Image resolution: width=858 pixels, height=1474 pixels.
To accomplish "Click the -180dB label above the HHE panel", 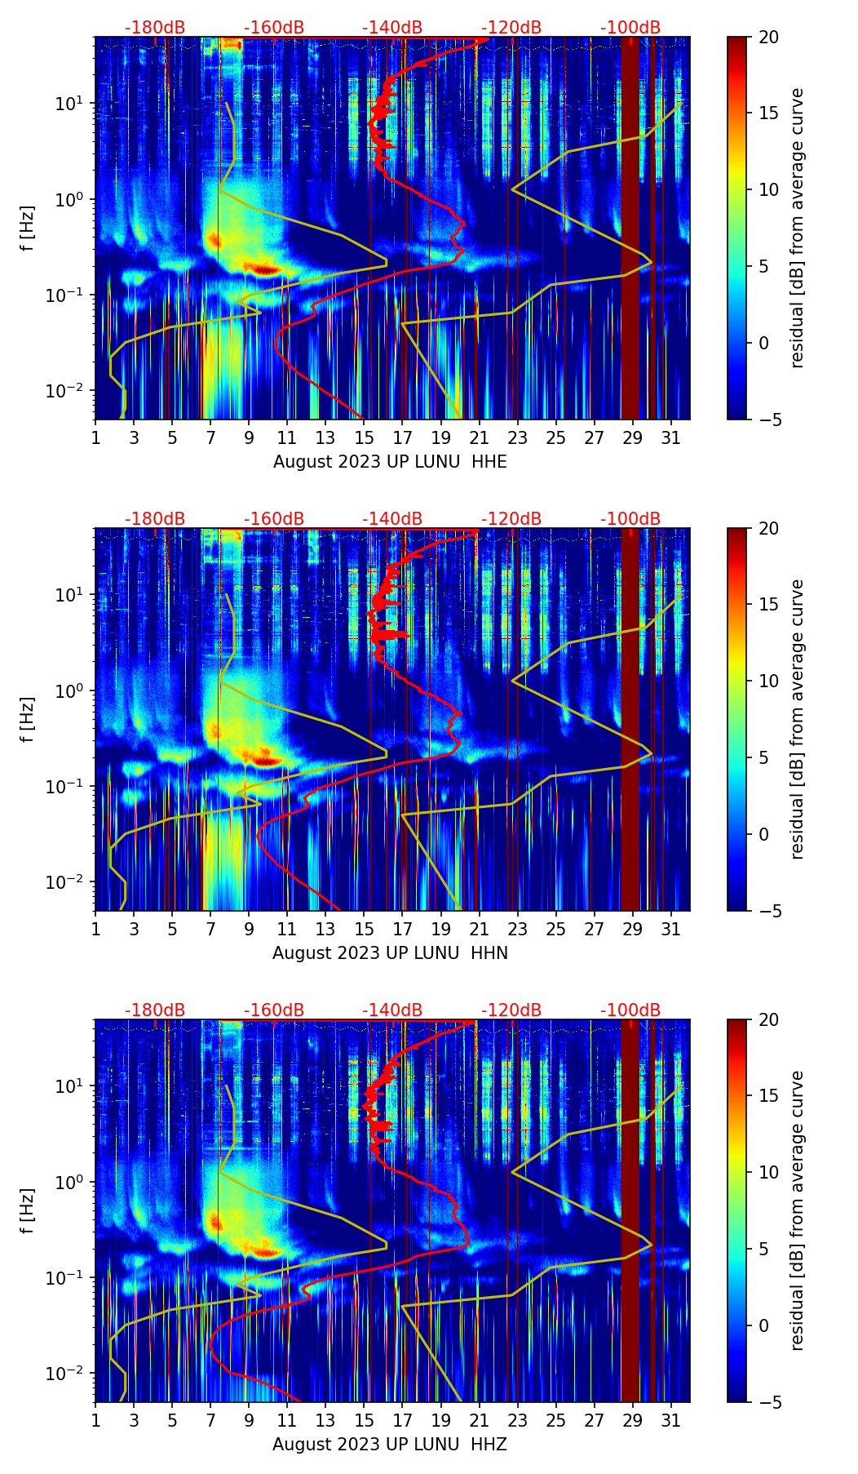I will (155, 28).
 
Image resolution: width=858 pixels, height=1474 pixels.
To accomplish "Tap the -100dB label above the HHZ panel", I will (630, 1010).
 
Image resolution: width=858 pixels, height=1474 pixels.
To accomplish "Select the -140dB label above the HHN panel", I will (392, 519).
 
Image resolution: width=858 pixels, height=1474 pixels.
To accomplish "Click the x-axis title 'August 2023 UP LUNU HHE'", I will (390, 462).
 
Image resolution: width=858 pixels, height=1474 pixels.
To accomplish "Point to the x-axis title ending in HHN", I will (390, 953).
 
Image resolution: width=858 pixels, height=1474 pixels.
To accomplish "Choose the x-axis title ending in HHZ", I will (390, 1445).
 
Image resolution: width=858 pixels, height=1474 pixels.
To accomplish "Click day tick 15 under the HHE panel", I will (364, 437).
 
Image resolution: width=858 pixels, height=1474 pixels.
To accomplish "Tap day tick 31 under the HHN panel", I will (670, 928).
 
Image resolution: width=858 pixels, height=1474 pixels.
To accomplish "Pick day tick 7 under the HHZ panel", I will (210, 1419).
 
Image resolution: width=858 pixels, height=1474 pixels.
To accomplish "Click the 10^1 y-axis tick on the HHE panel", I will (67, 104).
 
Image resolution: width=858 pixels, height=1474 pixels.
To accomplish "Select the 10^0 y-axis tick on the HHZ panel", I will (67, 1182).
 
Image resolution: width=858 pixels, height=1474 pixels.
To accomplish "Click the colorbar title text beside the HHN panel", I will (797, 719).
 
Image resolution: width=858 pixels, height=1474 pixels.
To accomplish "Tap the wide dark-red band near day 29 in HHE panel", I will (630, 229).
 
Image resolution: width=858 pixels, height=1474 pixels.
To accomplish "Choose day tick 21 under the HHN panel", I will (479, 928).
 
